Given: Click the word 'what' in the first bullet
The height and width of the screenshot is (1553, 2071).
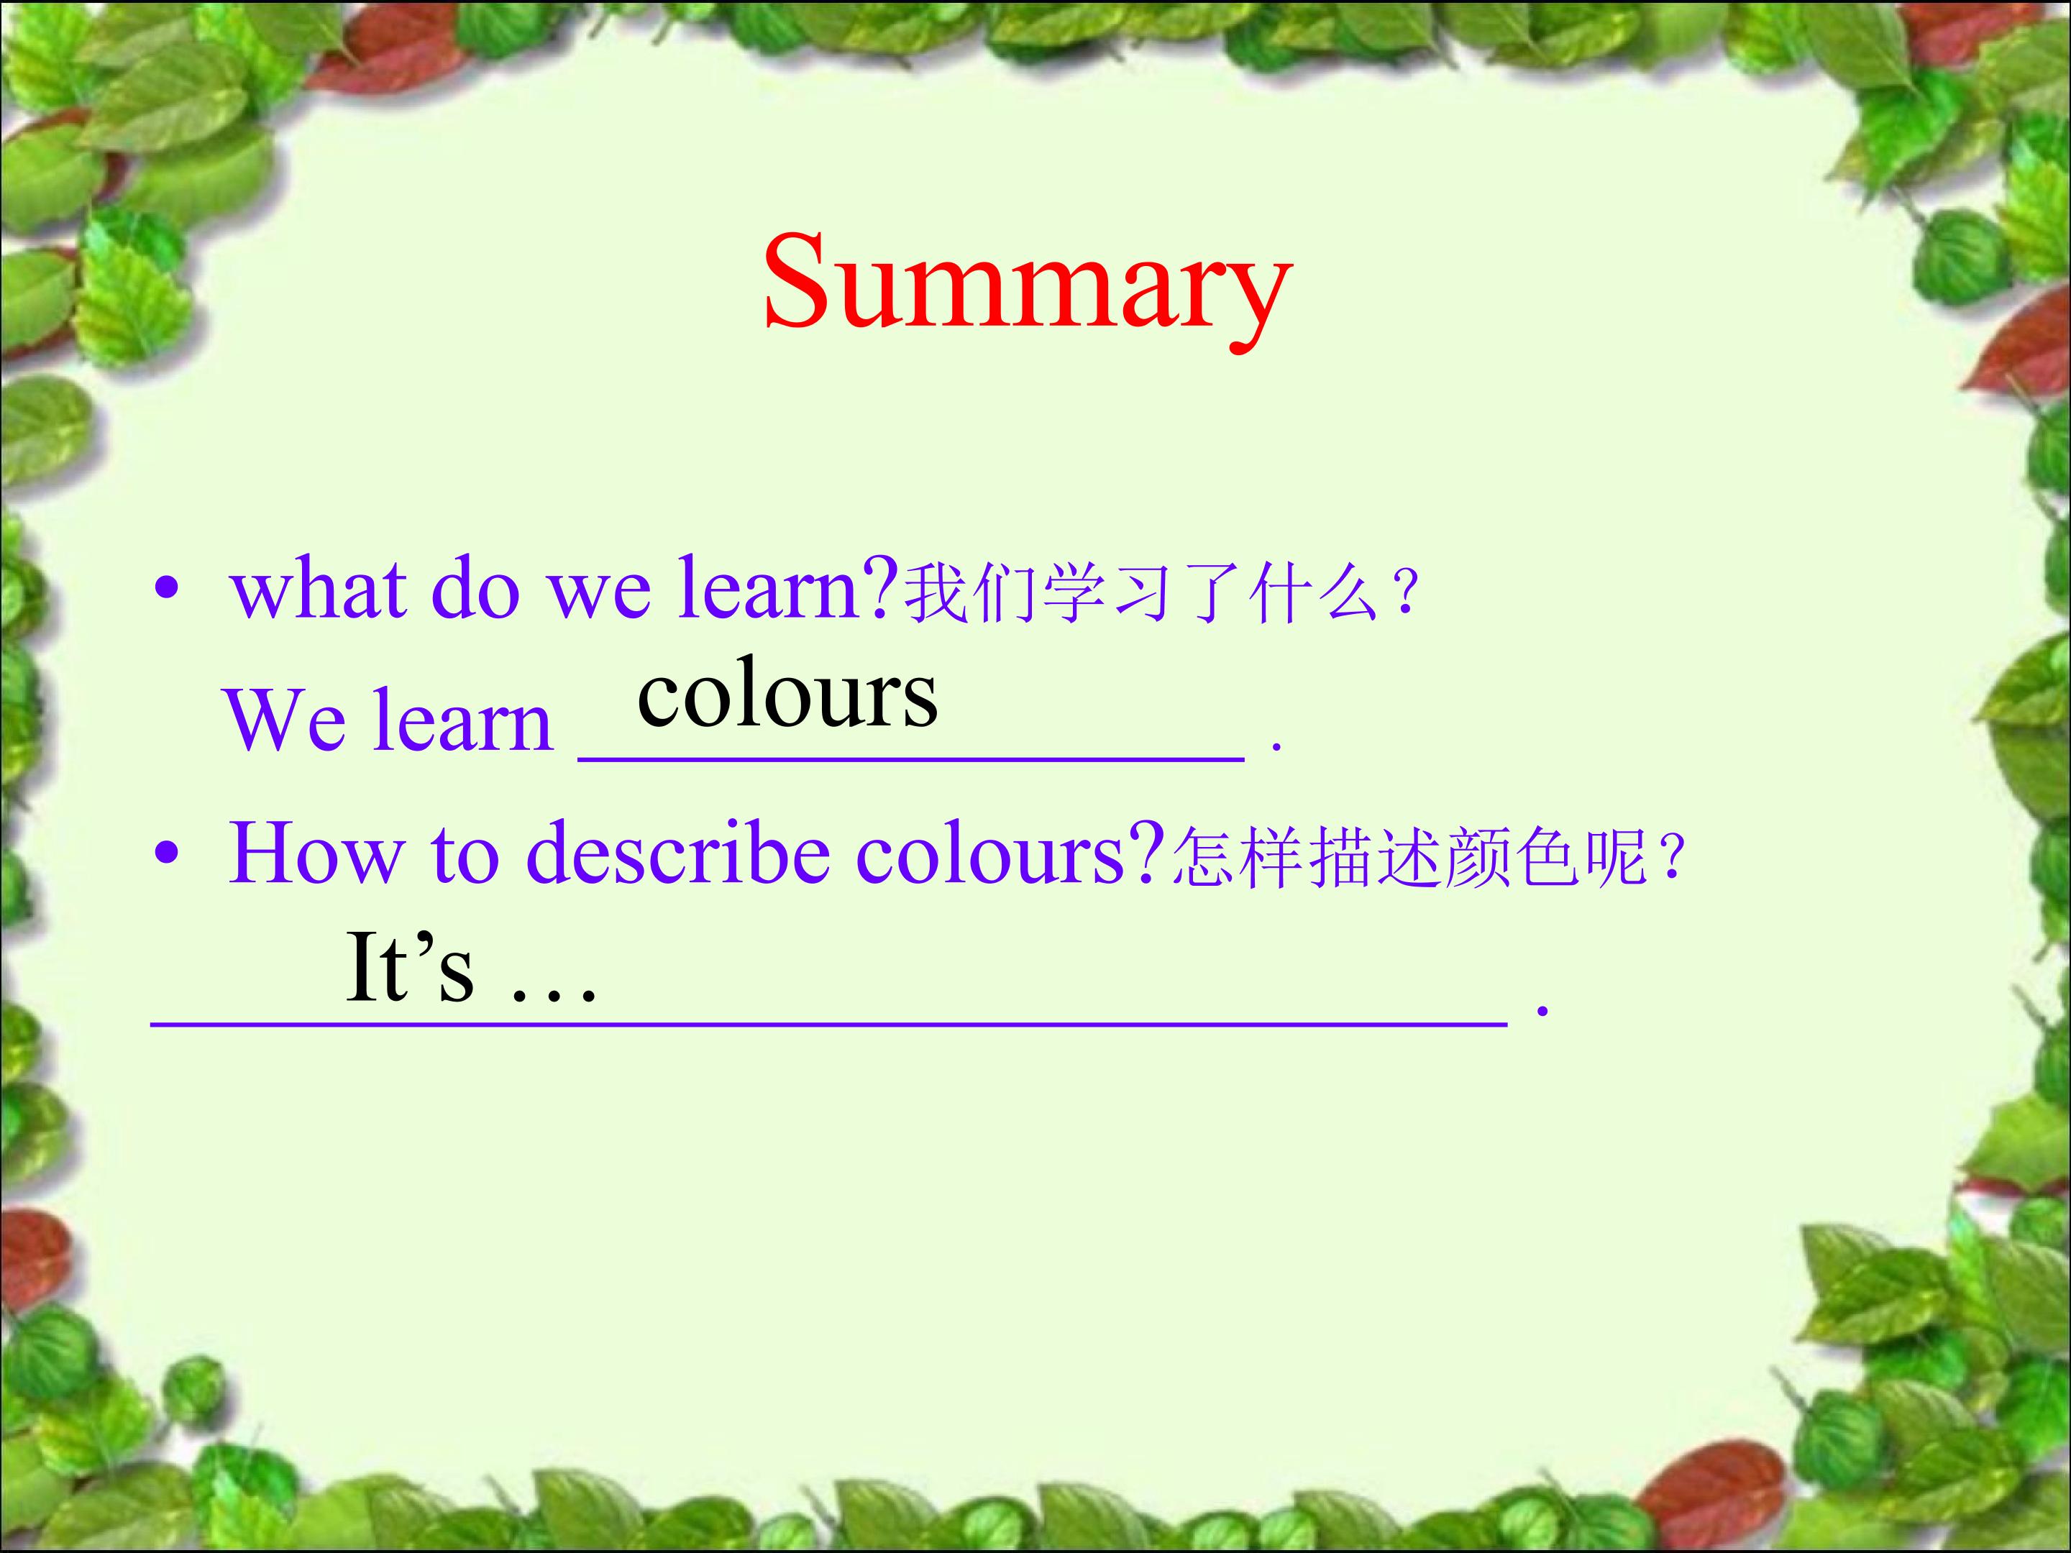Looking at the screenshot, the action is (319, 589).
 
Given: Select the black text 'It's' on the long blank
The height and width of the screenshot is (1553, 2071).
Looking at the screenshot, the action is (410, 967).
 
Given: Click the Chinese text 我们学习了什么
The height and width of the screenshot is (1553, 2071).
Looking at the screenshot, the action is (1140, 592).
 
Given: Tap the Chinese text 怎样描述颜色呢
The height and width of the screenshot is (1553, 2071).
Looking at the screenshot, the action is (1408, 856).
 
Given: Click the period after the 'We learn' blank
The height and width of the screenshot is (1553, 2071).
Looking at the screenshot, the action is (1276, 748).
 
